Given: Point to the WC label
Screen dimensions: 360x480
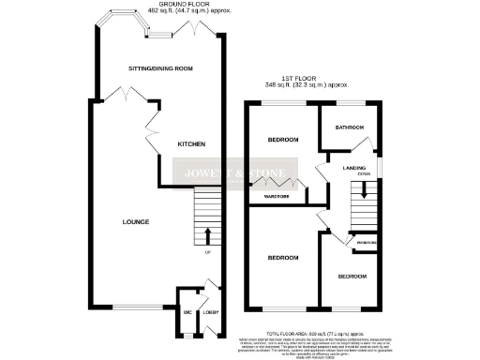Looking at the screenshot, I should click(186, 313).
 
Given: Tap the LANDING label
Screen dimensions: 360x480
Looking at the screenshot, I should click(353, 167).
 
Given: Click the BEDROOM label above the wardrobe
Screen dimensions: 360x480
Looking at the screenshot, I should click(282, 140).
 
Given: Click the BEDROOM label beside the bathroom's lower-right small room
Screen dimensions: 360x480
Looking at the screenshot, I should click(352, 277).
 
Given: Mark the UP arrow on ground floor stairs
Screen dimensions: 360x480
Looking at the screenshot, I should click(207, 234).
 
